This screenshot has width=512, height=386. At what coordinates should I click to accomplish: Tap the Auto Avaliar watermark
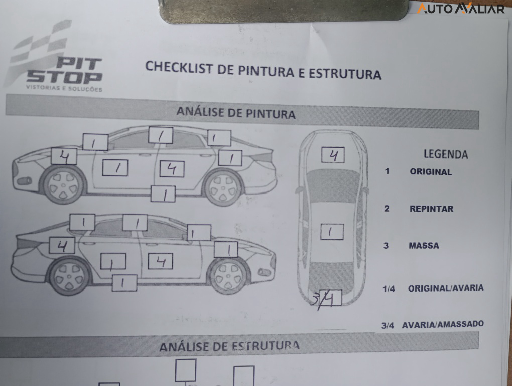[x=460, y=9]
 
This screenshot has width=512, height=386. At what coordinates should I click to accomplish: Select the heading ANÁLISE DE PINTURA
[x=235, y=113]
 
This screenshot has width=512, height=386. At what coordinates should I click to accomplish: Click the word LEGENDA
[x=445, y=154]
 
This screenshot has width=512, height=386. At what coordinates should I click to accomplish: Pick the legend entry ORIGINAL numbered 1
[x=430, y=172]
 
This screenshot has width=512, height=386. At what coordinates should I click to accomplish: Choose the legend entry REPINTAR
[x=431, y=209]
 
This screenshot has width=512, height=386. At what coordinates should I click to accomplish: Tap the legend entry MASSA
[x=424, y=246]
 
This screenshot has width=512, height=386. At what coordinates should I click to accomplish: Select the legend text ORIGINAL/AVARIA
[x=445, y=288]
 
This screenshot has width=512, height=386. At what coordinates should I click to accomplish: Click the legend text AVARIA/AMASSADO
[x=443, y=324]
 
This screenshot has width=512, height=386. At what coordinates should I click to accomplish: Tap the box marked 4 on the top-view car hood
[x=333, y=155]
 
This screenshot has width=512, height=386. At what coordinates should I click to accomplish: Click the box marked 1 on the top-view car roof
[x=332, y=232]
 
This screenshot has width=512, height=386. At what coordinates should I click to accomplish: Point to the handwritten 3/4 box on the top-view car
[x=327, y=299]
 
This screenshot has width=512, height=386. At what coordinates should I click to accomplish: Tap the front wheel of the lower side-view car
[x=228, y=276]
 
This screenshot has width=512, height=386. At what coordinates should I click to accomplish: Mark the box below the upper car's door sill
[x=163, y=194]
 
